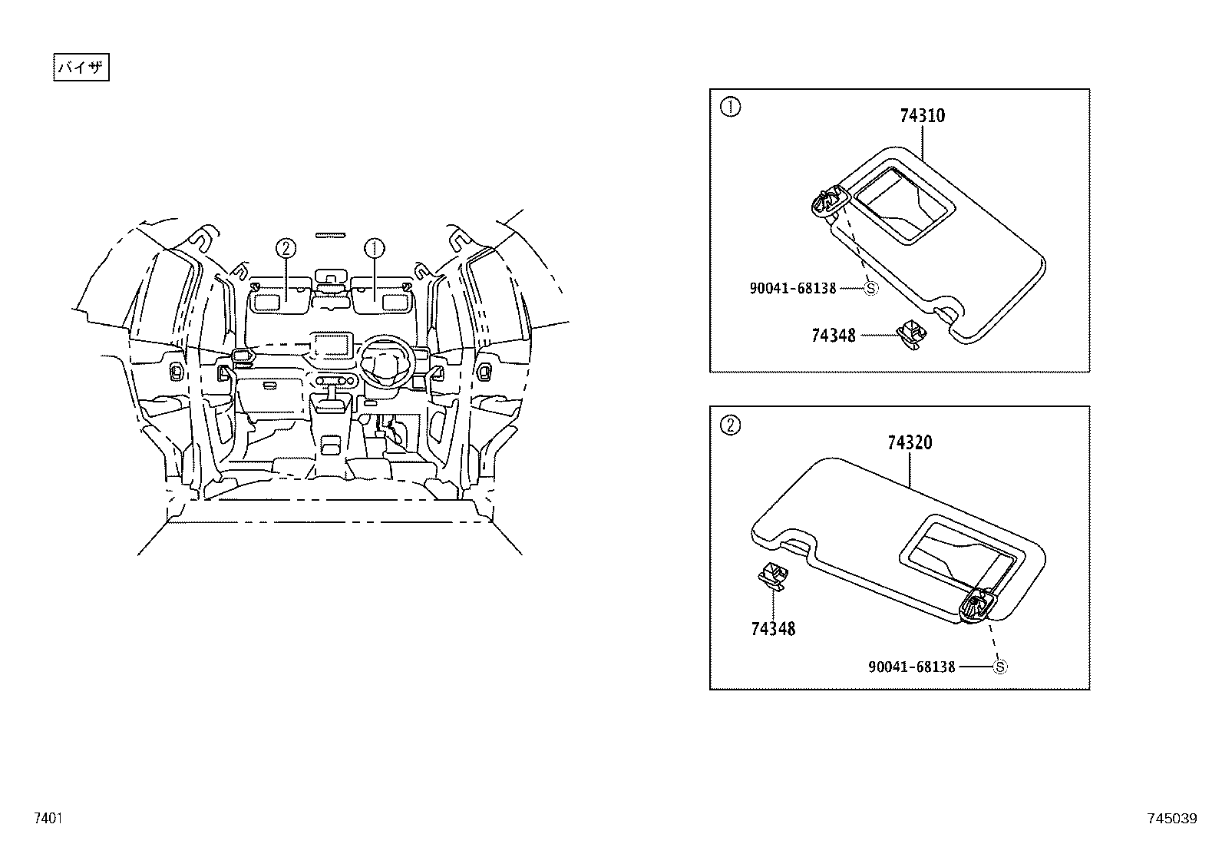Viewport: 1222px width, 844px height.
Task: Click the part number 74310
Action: click(x=922, y=116)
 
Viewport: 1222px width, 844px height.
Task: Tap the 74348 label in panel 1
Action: click(x=833, y=336)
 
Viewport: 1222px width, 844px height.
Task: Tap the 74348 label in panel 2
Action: click(x=773, y=629)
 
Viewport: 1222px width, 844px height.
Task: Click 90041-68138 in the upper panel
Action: click(x=793, y=288)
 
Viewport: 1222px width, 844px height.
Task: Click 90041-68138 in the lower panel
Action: click(x=912, y=667)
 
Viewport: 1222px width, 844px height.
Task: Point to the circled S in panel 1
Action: click(x=870, y=288)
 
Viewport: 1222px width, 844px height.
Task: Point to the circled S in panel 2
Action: click(x=999, y=667)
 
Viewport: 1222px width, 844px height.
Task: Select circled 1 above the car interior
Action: click(x=375, y=247)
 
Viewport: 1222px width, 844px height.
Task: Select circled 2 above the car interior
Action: click(x=286, y=247)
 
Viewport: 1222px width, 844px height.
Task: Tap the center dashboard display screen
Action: click(x=331, y=345)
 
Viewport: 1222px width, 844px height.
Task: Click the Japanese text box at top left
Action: click(x=81, y=68)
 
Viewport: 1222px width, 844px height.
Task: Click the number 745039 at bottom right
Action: click(x=1171, y=819)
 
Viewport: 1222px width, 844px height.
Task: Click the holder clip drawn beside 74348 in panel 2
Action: click(x=773, y=575)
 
